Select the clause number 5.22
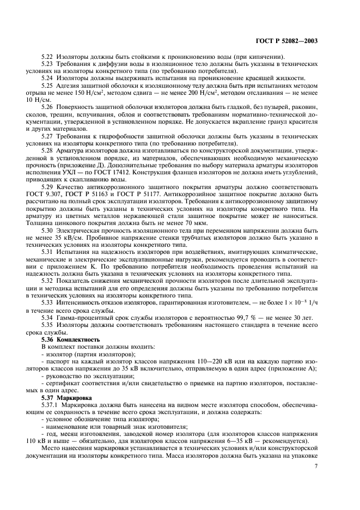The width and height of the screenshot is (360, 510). [x=48, y=57]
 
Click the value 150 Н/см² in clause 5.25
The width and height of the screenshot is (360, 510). [x=99, y=93]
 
